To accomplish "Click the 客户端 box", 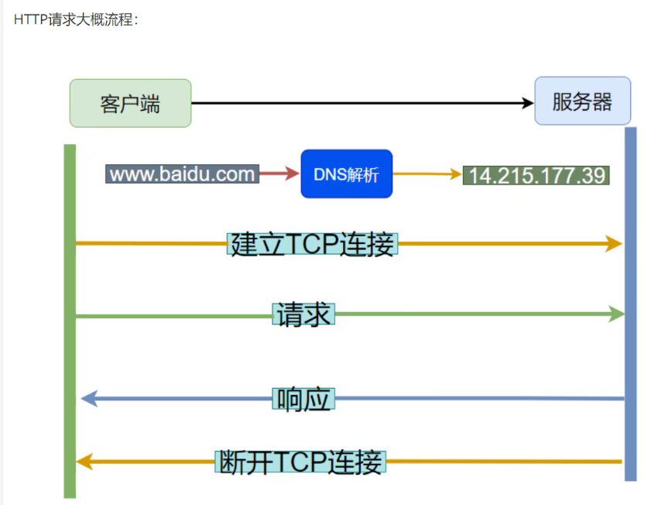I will point(130,103).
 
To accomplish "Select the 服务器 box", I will point(582,101).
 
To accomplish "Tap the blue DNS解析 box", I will point(346,173).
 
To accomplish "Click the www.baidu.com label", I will point(182,173).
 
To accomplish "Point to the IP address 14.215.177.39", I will point(537,175).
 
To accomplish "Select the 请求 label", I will point(303,314).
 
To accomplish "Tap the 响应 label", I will point(303,399).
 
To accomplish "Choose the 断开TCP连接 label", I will point(300,462).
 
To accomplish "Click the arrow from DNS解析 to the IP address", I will point(427,173).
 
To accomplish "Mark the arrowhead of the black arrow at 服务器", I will point(529,102).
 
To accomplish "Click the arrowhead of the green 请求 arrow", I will point(617,314).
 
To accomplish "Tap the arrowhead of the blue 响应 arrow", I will point(88,399).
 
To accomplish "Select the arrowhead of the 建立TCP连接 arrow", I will point(615,244).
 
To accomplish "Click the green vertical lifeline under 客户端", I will point(70,349).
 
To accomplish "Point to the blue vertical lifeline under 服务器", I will point(630,349).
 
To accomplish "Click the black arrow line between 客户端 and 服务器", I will point(356,102).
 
